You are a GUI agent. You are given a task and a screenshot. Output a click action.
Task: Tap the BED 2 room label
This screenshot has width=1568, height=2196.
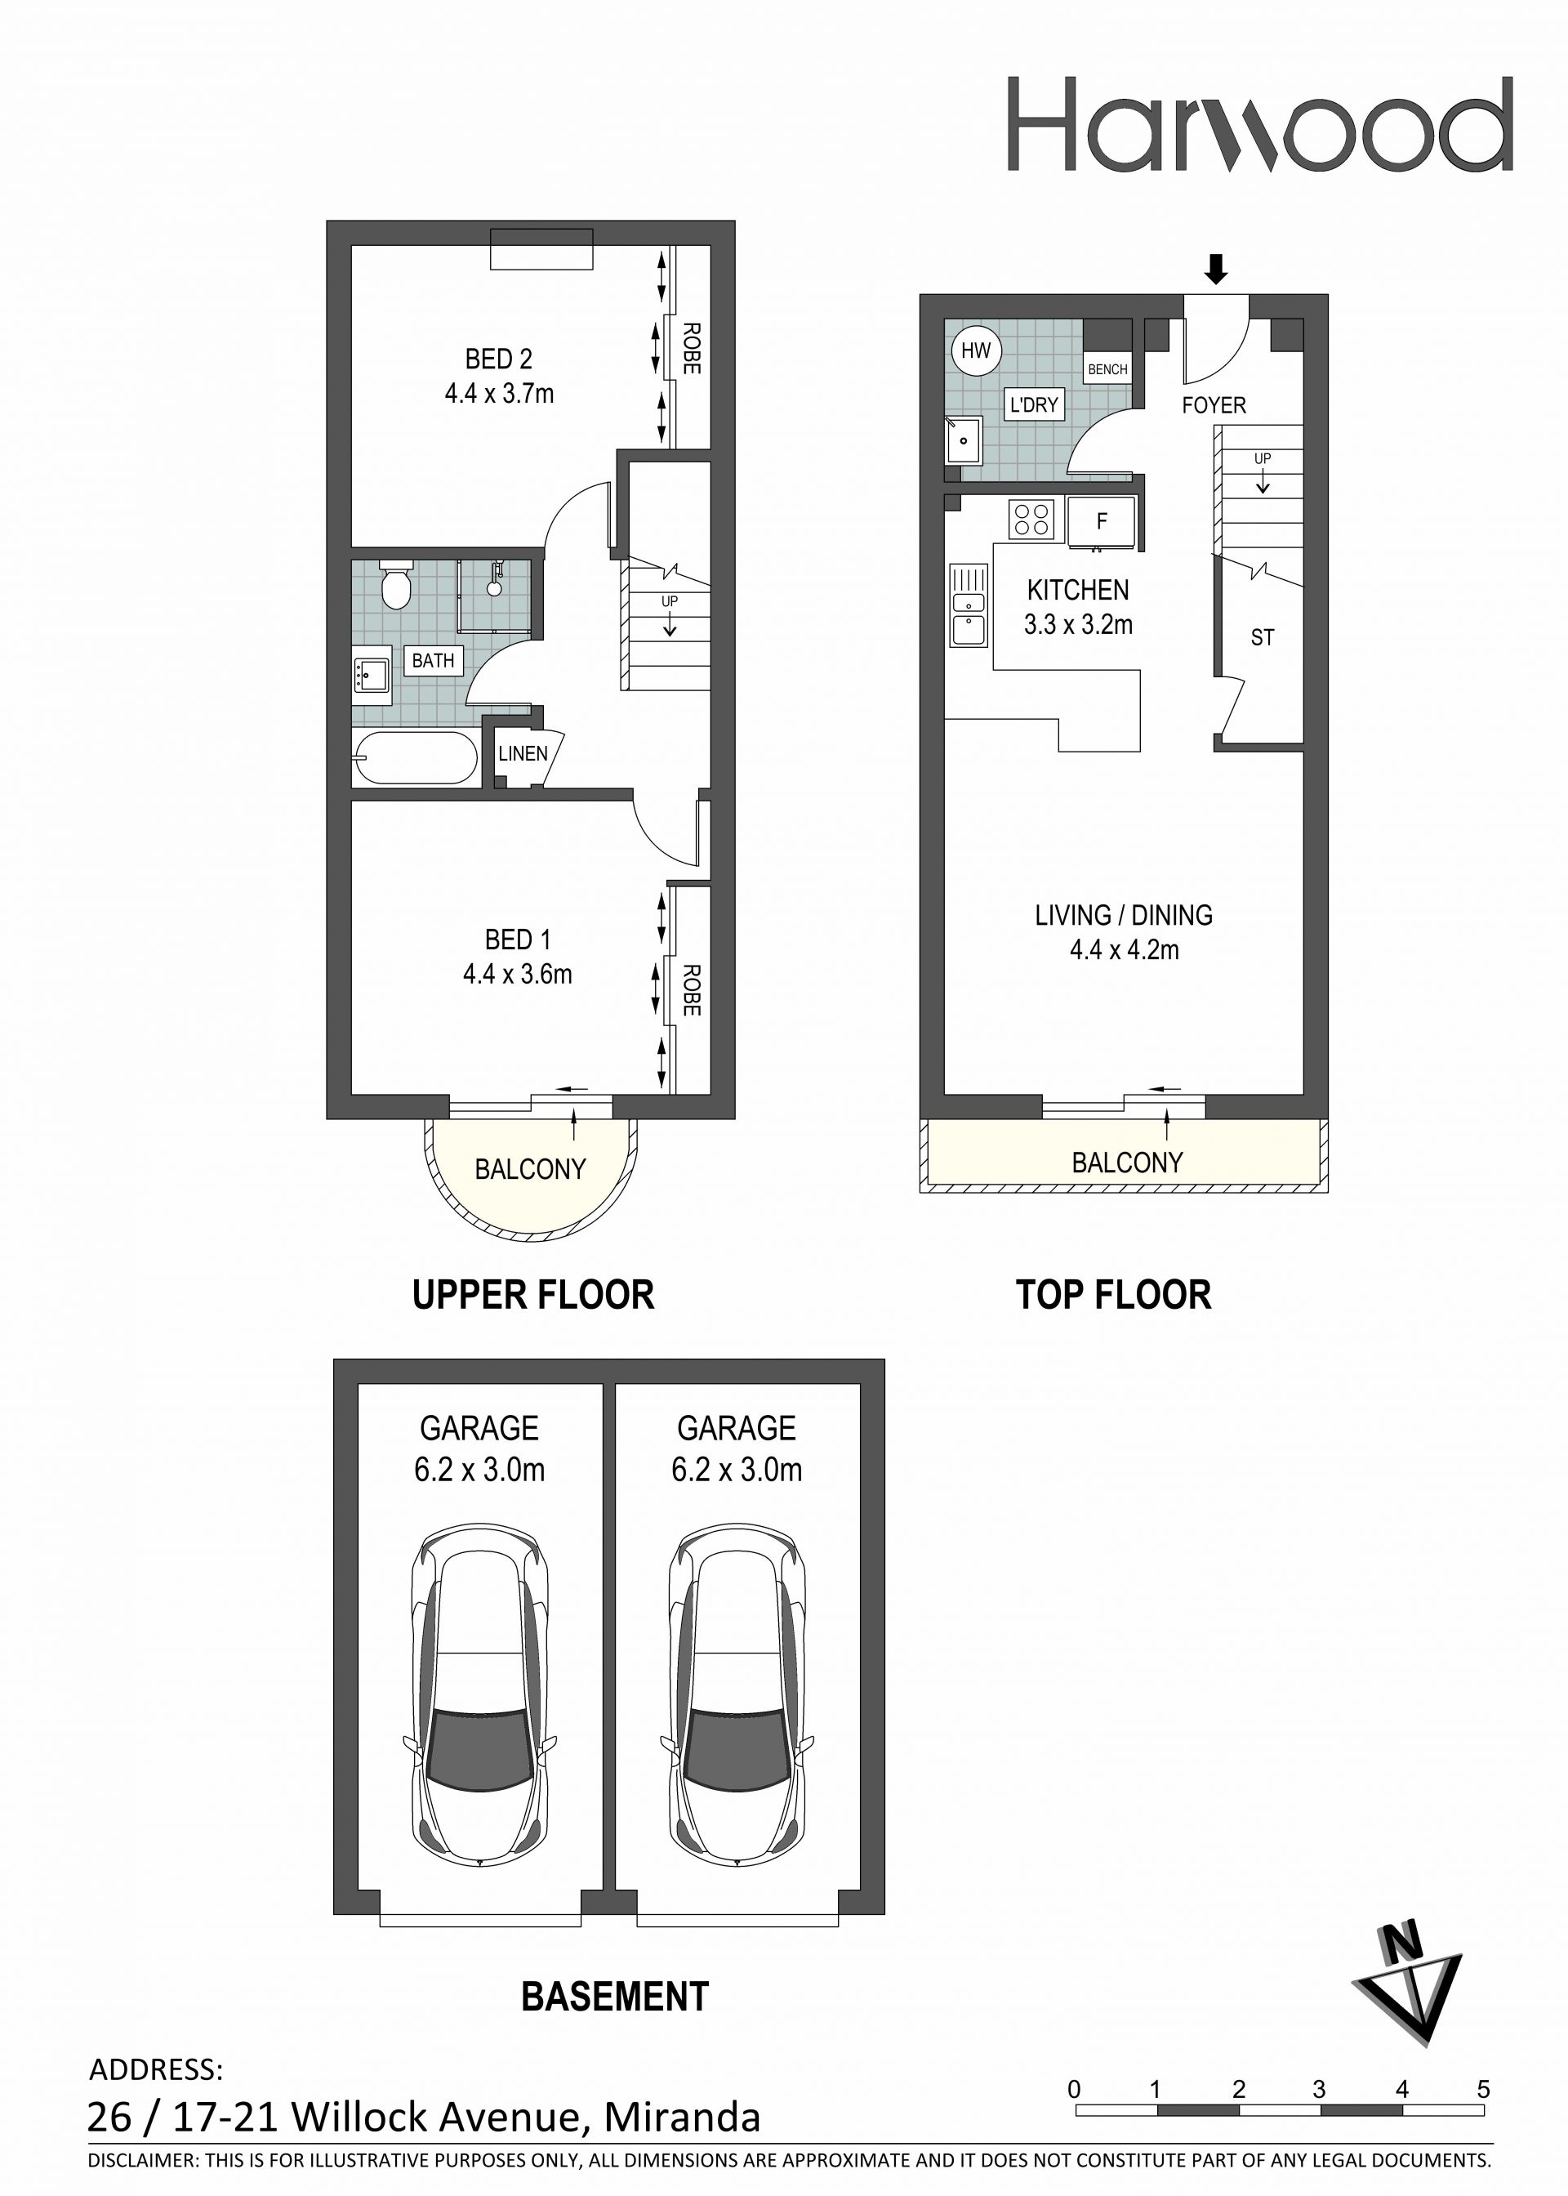(498, 359)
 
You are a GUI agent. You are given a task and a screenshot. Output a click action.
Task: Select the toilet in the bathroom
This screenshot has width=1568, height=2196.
(395, 584)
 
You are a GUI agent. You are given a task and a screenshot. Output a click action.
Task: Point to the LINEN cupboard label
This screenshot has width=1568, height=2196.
(523, 753)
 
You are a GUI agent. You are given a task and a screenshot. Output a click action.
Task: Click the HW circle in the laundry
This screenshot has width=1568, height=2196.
(976, 350)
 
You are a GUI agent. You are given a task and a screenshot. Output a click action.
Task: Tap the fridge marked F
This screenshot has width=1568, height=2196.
(1102, 521)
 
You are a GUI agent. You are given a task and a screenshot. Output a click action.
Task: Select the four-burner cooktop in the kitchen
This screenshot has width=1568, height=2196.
(1032, 519)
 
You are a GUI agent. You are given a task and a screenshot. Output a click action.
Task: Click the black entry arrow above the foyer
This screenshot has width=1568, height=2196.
(1217, 270)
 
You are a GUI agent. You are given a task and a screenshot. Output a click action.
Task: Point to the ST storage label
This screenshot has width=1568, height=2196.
(1262, 637)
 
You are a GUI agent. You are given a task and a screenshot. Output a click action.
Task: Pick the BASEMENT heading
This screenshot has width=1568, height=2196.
(615, 1997)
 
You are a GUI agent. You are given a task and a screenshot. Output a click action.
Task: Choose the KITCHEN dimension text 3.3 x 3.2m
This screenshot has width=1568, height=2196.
(1079, 625)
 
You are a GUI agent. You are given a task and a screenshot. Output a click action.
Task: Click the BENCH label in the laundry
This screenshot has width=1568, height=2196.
(1107, 370)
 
